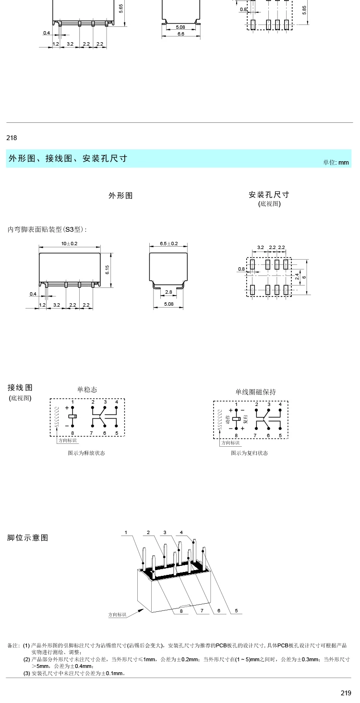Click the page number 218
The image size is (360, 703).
click(x=12, y=138)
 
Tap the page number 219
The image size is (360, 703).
click(x=346, y=693)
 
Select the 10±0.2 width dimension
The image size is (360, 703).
click(x=69, y=244)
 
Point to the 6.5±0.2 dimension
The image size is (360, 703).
click(x=169, y=244)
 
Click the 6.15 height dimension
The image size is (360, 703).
click(x=108, y=270)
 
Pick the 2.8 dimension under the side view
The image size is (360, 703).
click(x=168, y=292)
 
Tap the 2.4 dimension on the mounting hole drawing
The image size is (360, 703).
click(x=297, y=277)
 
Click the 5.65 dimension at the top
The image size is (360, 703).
click(x=121, y=9)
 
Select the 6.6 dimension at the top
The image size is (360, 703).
click(x=180, y=34)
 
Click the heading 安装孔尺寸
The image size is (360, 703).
click(x=269, y=195)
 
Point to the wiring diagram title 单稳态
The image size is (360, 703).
click(x=87, y=390)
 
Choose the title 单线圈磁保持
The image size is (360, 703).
click(x=255, y=392)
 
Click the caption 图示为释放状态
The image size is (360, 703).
click(x=86, y=453)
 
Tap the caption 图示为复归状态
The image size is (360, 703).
click(x=250, y=453)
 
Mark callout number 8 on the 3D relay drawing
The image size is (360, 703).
click(x=181, y=611)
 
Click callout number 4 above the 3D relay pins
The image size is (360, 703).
click(x=181, y=533)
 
